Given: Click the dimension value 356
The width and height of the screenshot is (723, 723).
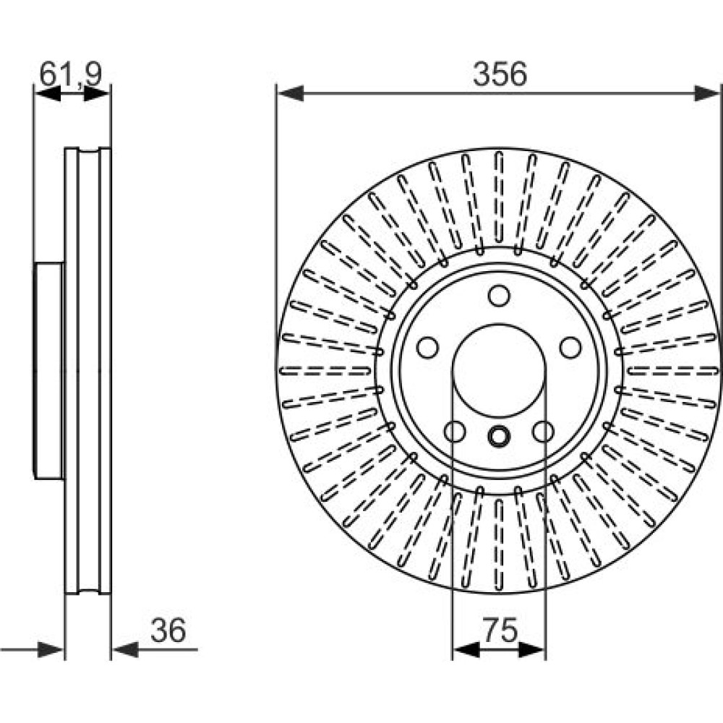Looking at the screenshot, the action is pos(500,74).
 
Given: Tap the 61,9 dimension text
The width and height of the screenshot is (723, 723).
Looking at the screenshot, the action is pos(71,74).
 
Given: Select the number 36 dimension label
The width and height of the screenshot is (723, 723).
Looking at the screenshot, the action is pos(168,630).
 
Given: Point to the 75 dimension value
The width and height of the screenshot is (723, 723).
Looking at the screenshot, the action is pos(500,630).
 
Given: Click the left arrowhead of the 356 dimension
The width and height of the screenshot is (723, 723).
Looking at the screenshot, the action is pos(291,93).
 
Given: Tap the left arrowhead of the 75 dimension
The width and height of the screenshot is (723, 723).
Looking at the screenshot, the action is pos(466,649).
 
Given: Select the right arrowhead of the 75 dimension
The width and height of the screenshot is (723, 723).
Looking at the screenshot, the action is pos(531,649).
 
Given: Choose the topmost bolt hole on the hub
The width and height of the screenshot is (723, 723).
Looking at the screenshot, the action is pos(499,296).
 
